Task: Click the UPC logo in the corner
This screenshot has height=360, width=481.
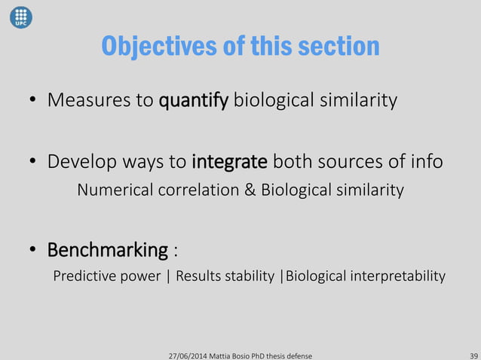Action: point(20,17)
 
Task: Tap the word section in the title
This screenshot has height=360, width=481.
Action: point(343,47)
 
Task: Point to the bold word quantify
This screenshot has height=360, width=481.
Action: point(193,101)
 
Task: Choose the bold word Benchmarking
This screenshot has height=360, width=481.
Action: point(108,249)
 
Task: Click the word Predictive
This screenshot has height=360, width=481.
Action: point(84,276)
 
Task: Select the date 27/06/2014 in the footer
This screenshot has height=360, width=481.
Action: point(191,354)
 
